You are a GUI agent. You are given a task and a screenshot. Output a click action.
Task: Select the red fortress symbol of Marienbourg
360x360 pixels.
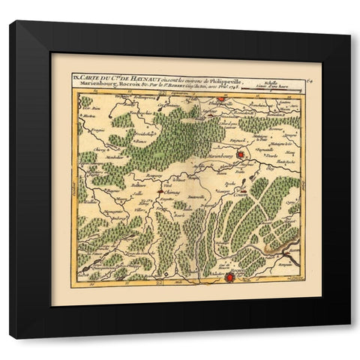[x=240, y=154]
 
